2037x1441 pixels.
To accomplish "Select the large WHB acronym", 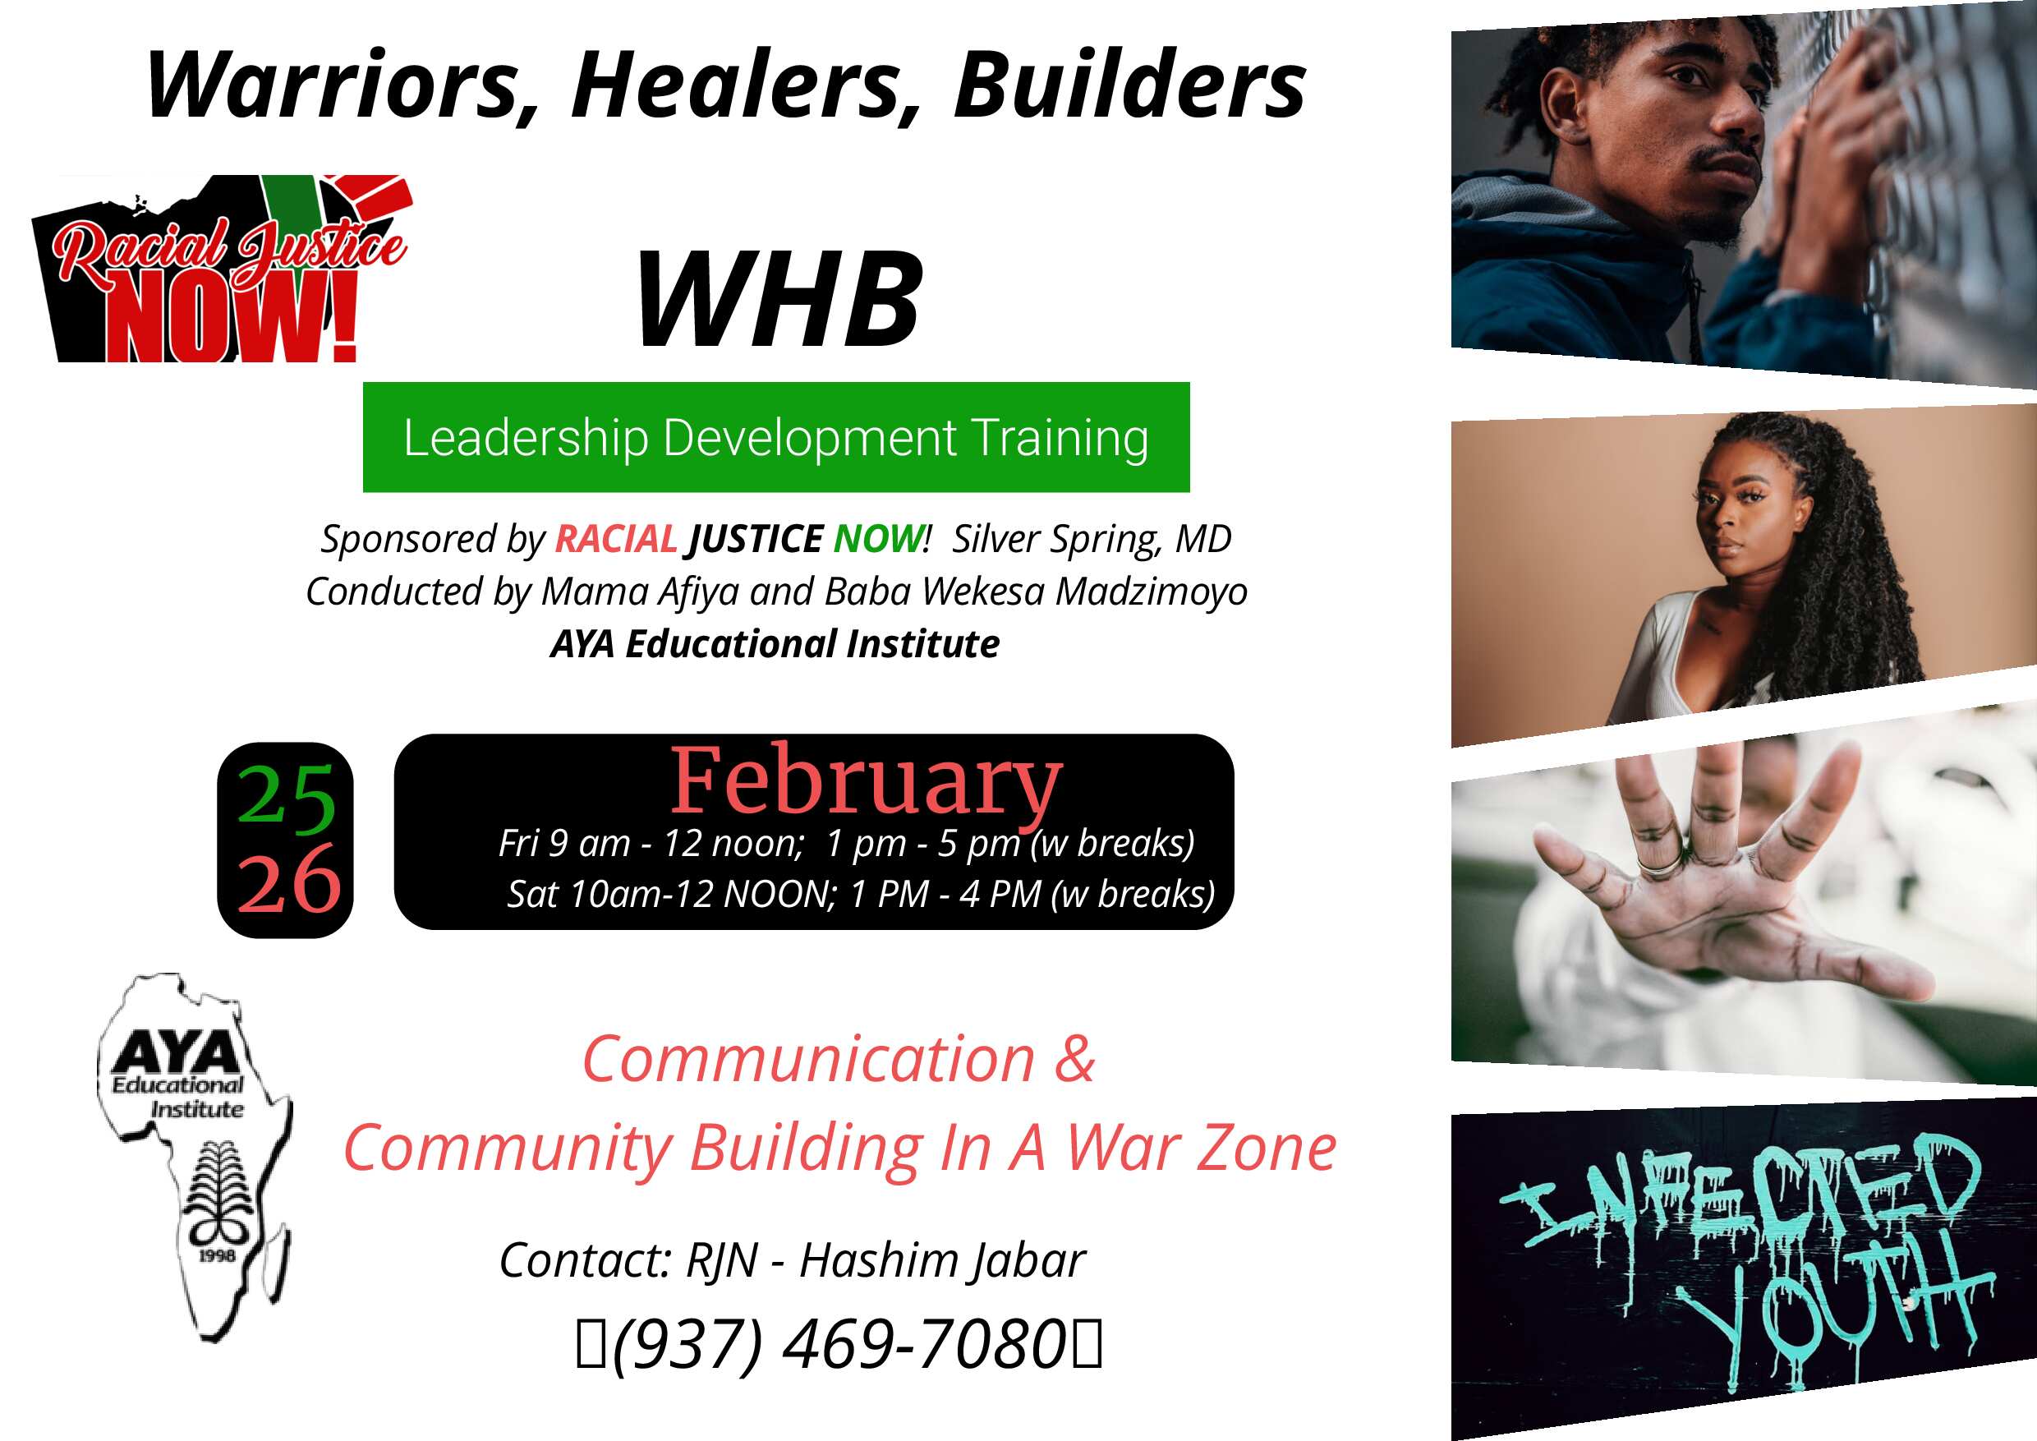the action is tap(778, 299).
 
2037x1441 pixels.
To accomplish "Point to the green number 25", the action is tap(286, 798).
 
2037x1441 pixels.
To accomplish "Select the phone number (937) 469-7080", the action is tap(839, 1345).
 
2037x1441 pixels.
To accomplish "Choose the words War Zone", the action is tap(1202, 1149).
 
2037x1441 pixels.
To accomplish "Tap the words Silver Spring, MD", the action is tap(1092, 540).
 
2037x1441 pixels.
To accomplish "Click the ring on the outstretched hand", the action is tap(1658, 863).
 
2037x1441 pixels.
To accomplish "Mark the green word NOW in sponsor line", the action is tap(877, 539).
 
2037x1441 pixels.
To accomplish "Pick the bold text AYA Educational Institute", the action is tap(775, 643).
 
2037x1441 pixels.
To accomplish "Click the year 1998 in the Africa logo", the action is tap(217, 1255).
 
